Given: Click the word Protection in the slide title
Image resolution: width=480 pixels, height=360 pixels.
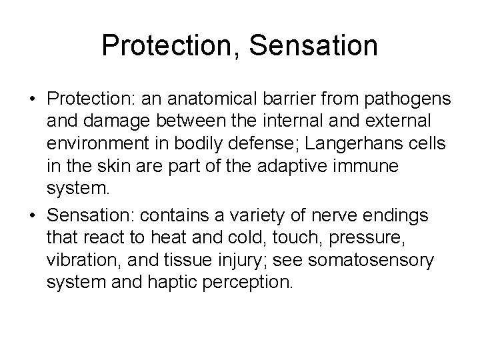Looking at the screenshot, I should click(166, 46).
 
